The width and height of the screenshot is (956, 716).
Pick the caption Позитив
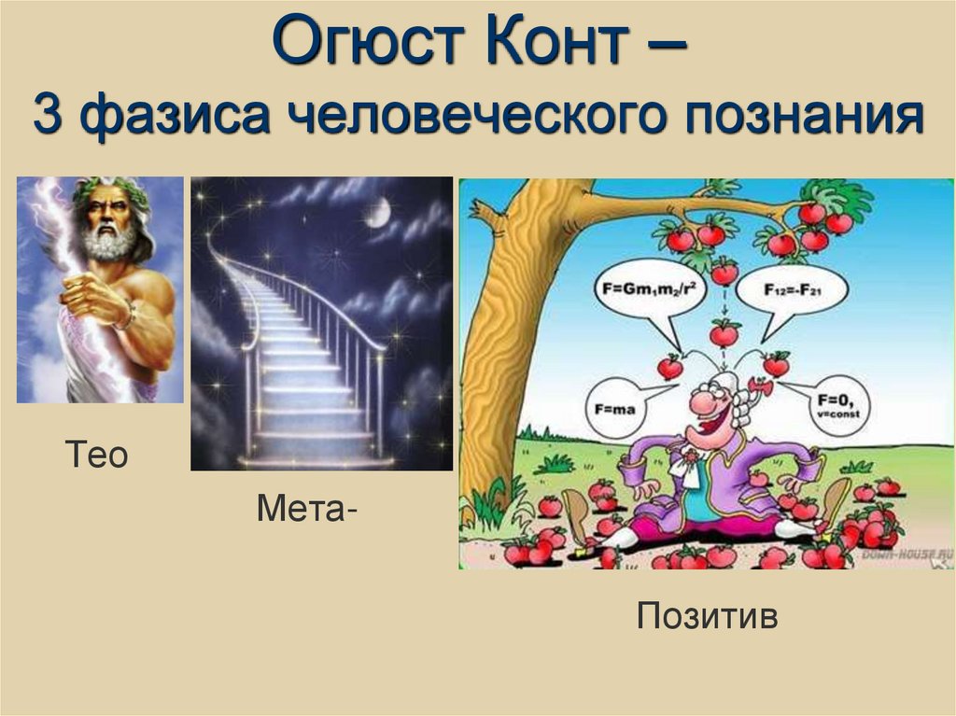click(707, 616)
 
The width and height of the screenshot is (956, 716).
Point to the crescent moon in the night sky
click(376, 214)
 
